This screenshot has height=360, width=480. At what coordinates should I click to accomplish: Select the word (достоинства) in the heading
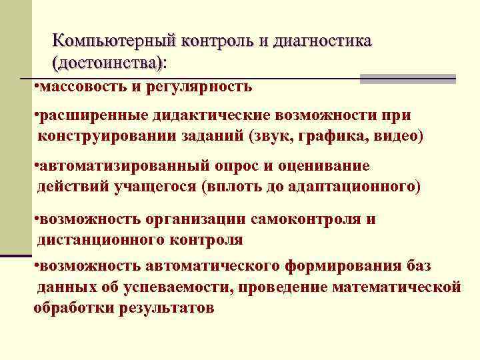click(107, 63)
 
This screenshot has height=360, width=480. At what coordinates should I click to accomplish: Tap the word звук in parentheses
click(273, 136)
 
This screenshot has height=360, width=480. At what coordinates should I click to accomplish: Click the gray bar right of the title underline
click(407, 79)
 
